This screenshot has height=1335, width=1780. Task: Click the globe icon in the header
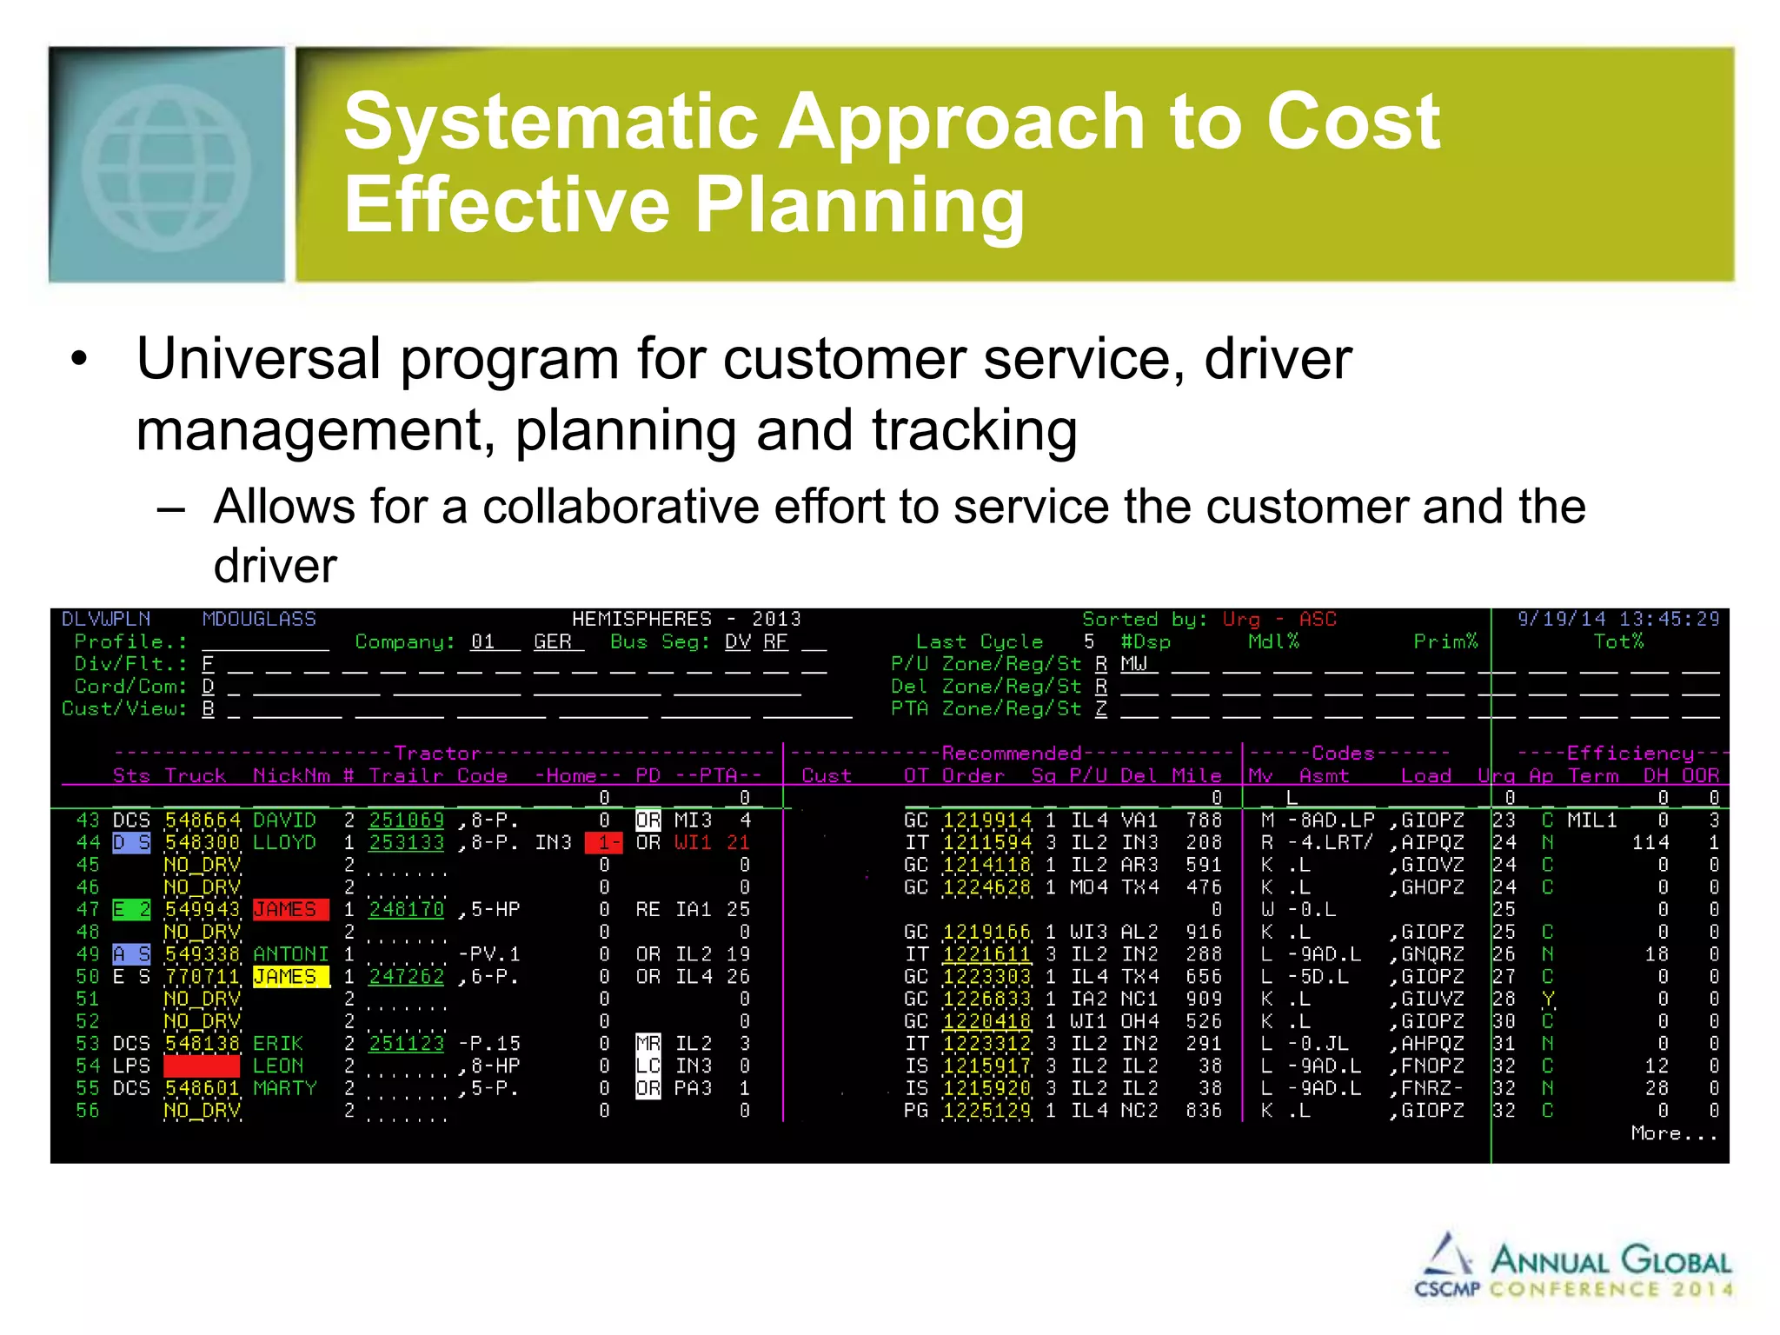[x=167, y=165]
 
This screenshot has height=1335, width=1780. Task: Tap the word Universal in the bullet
[x=258, y=358]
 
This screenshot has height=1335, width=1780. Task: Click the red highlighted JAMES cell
[x=290, y=910]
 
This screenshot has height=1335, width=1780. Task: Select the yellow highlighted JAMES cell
[x=290, y=977]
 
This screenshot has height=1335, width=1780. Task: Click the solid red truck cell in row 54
[x=202, y=1066]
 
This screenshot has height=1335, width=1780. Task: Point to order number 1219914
[x=986, y=820]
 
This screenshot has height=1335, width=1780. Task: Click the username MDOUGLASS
[x=259, y=619]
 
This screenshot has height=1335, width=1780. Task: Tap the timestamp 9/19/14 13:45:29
[x=1617, y=619]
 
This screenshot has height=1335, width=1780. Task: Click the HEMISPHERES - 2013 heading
[x=686, y=619]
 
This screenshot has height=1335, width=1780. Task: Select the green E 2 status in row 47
[x=132, y=910]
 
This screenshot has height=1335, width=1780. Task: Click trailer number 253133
[x=406, y=843]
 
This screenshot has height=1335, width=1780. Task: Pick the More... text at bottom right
[x=1673, y=1133]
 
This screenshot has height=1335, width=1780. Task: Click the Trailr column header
[x=406, y=775]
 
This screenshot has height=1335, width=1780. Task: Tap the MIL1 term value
[x=1591, y=820]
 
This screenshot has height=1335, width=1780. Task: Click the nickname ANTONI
[x=290, y=954]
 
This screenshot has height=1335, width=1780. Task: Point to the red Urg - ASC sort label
[x=1279, y=619]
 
